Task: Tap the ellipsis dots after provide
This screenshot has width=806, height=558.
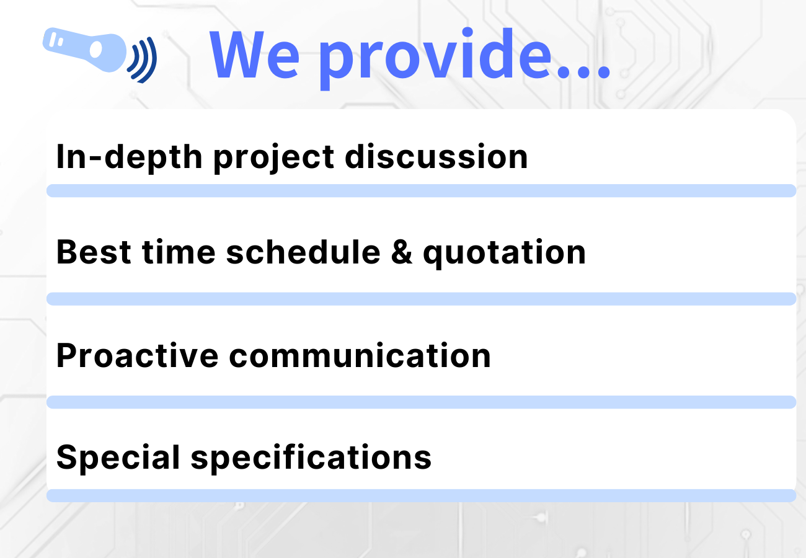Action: click(x=583, y=72)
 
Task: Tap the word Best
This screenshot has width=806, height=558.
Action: click(x=93, y=252)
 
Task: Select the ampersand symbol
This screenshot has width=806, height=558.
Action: click(x=401, y=253)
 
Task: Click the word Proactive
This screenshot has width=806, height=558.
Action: click(x=136, y=356)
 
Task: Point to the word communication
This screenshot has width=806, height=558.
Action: click(x=360, y=356)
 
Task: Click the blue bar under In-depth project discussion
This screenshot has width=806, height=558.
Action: click(x=421, y=191)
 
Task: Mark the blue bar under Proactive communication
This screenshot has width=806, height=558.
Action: click(x=421, y=402)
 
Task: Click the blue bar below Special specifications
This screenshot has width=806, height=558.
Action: click(x=421, y=495)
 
